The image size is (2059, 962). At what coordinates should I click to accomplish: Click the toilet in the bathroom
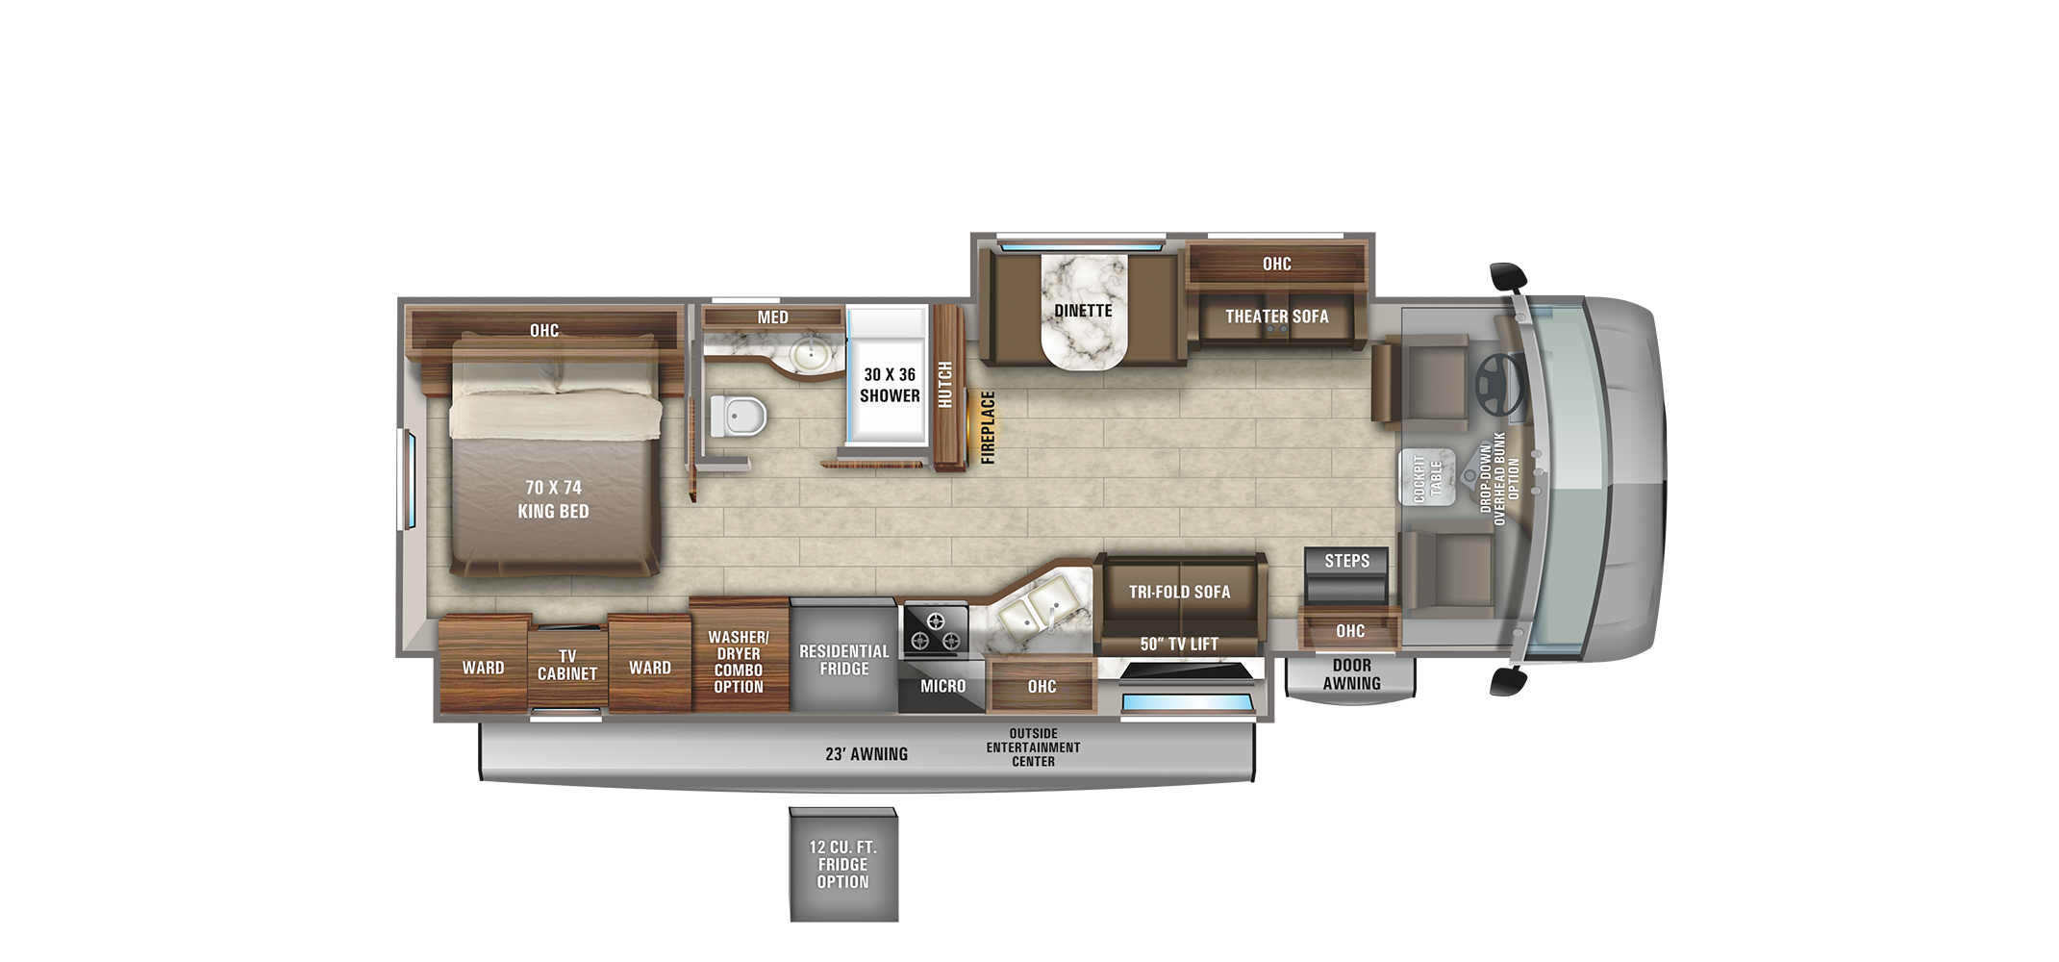pyautogui.click(x=738, y=416)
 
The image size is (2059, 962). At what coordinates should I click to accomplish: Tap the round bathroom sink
pyautogui.click(x=811, y=355)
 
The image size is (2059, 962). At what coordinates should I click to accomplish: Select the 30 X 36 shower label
pyautogui.click(x=890, y=385)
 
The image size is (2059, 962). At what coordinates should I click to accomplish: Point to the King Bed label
pyautogui.click(x=553, y=499)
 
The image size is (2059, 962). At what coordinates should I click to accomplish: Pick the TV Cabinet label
pyautogui.click(x=567, y=665)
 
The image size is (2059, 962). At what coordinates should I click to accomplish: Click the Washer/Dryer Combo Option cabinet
pyautogui.click(x=739, y=654)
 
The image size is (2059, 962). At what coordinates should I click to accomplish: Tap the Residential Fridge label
pyautogui.click(x=844, y=660)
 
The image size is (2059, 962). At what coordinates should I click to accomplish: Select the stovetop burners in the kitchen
pyautogui.click(x=935, y=630)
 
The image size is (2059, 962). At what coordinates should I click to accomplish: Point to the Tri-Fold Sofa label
pyautogui.click(x=1180, y=592)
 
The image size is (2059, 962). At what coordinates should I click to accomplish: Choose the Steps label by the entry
pyautogui.click(x=1346, y=561)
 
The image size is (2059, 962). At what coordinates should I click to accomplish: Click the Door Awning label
pyautogui.click(x=1351, y=674)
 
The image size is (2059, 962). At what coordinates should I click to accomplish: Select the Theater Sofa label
pyautogui.click(x=1276, y=316)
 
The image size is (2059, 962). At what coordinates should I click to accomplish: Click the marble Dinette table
pyautogui.click(x=1084, y=311)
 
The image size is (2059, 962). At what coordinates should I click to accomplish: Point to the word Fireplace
pyautogui.click(x=988, y=427)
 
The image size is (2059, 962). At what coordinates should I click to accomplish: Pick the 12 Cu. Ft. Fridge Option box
pyautogui.click(x=843, y=864)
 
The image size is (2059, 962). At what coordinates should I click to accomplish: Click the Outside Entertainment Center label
pyautogui.click(x=1033, y=747)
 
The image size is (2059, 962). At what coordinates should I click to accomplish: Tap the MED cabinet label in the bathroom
pyautogui.click(x=772, y=317)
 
